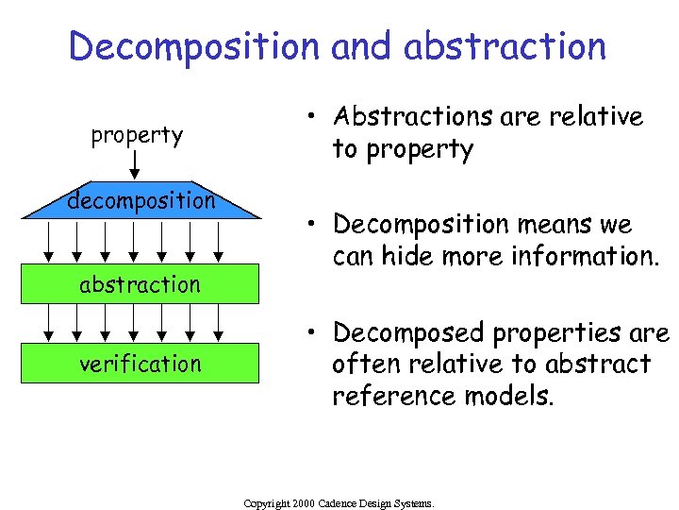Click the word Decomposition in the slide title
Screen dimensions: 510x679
pos(194,46)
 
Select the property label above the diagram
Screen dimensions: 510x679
pos(137,135)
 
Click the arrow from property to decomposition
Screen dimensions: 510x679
pos(136,166)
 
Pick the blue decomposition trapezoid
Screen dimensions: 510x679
pos(141,200)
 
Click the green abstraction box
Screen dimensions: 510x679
pos(141,284)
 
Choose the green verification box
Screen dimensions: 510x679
pos(141,364)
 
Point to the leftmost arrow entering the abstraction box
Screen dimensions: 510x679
pos(49,242)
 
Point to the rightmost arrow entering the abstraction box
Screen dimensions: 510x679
pos(219,242)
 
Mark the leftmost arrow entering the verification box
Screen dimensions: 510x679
pos(49,323)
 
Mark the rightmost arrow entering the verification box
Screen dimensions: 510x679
pos(219,323)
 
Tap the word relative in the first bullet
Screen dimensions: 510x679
pos(592,117)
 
